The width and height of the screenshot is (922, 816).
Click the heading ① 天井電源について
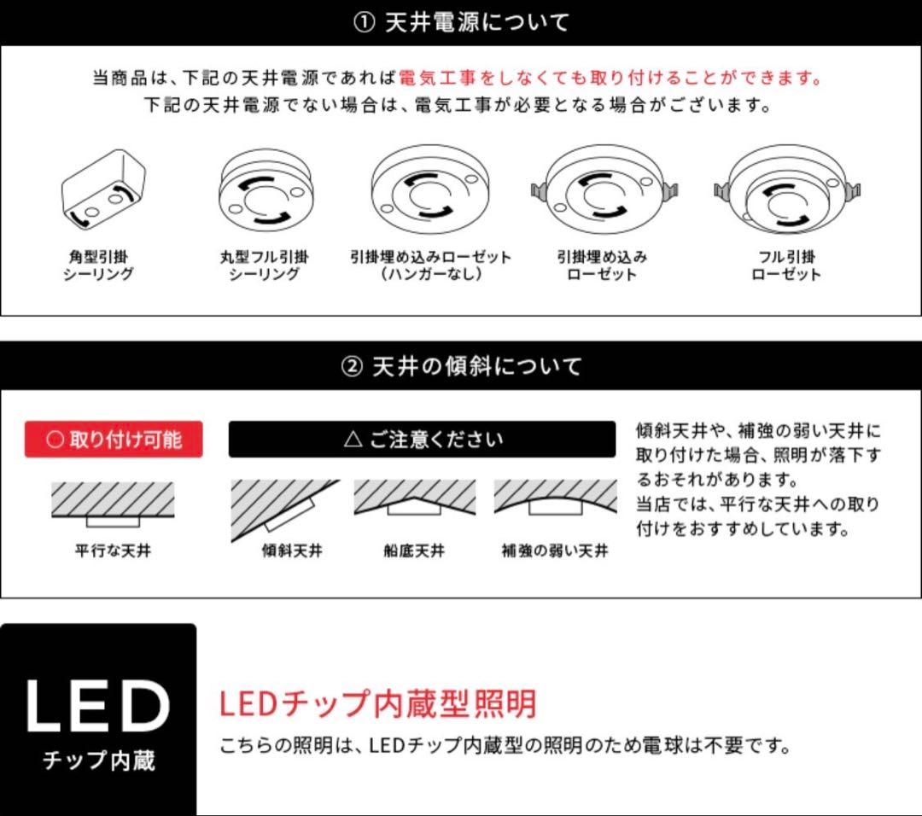tap(461, 22)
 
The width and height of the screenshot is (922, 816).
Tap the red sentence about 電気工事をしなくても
tap(610, 79)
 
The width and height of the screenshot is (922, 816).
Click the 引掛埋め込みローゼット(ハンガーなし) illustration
tap(429, 190)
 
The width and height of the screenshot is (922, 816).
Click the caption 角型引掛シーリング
tap(98, 265)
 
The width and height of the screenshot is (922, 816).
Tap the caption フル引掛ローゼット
tap(785, 265)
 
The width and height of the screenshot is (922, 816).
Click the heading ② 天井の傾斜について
tap(461, 367)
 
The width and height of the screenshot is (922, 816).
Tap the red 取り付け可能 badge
tap(114, 440)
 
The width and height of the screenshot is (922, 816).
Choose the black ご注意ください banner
tap(422, 440)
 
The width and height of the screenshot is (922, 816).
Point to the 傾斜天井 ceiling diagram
tap(283, 510)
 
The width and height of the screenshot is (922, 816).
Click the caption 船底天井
tap(414, 551)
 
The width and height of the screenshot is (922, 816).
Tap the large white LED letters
tap(97, 707)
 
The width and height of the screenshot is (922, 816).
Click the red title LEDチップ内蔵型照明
tap(377, 704)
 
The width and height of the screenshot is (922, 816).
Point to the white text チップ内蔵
tap(98, 760)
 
